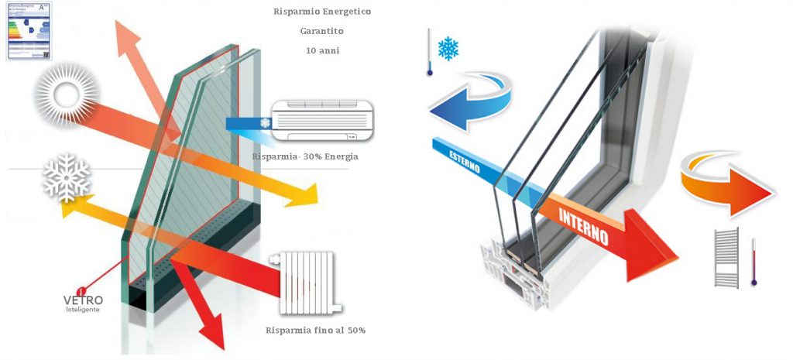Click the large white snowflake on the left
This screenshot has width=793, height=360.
(x=67, y=178)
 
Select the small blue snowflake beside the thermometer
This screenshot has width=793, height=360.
(x=448, y=49)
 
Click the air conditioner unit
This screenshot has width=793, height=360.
(x=321, y=122)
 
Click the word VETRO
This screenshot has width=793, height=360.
(x=83, y=300)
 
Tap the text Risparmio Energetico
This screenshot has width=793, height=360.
(x=311, y=12)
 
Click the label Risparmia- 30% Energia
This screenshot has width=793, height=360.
(x=304, y=157)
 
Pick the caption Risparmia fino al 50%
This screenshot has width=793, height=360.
(x=315, y=331)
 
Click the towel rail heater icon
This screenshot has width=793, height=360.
(x=726, y=258)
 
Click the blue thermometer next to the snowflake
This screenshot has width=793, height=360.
(x=428, y=53)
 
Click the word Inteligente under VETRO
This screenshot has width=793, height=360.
(x=83, y=310)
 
